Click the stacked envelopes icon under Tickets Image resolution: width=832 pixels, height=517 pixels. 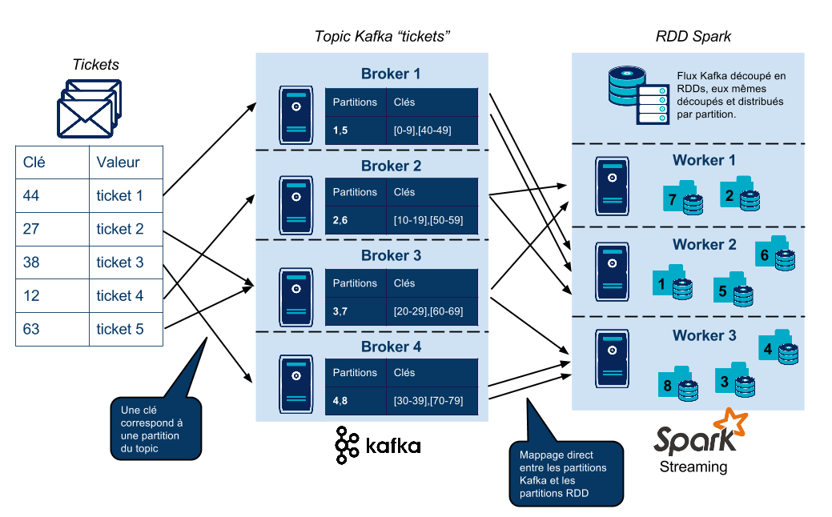point(89,109)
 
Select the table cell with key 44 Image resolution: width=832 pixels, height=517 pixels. point(52,195)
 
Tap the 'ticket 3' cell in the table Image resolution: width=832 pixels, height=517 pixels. point(126,263)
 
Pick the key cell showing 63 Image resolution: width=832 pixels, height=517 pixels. point(52,329)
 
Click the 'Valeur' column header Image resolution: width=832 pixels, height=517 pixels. point(126,162)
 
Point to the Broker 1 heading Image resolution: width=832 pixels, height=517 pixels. point(391,74)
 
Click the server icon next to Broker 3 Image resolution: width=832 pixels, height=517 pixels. point(296,297)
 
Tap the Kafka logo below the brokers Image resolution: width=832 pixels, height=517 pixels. point(378,445)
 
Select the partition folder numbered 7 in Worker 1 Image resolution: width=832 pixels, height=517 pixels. point(683,198)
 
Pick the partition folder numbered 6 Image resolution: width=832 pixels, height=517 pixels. point(774,254)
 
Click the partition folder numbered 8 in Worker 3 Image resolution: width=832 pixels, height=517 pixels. point(678,383)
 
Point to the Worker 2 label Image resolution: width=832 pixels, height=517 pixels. point(704,244)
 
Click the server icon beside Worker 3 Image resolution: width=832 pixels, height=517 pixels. point(612,359)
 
